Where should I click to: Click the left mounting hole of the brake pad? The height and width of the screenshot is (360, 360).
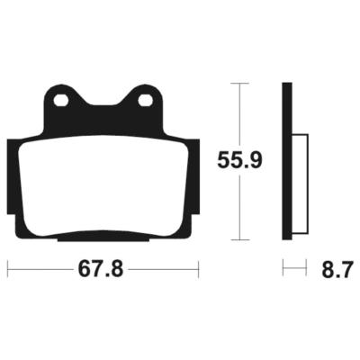60,100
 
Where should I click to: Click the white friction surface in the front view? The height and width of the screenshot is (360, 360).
103,189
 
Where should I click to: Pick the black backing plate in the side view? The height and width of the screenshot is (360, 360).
287,162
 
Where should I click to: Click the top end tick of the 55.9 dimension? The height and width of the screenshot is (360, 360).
238,83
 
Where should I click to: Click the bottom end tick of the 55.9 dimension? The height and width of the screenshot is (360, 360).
238,240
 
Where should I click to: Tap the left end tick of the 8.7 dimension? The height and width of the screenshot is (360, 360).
283,269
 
